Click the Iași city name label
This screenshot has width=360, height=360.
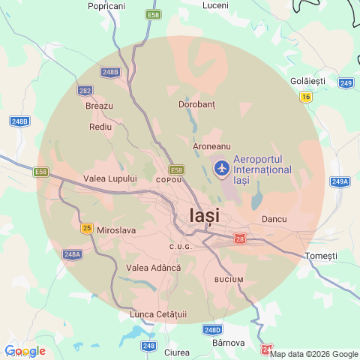[200, 217]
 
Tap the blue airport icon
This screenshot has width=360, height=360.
[222, 169]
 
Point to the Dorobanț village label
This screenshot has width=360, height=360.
[196, 104]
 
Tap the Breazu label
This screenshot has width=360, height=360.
[99, 106]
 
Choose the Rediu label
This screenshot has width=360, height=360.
[100, 127]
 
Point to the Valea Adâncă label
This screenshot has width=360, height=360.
[154, 268]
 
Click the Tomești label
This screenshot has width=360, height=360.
[322, 256]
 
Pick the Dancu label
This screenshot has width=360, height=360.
[274, 219]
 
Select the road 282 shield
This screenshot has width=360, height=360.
[85, 90]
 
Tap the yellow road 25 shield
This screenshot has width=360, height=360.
[87, 228]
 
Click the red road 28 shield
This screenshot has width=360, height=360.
[240, 238]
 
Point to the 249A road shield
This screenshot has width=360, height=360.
[340, 181]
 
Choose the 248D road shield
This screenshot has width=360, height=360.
[212, 329]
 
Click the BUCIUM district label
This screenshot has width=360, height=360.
[229, 279]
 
